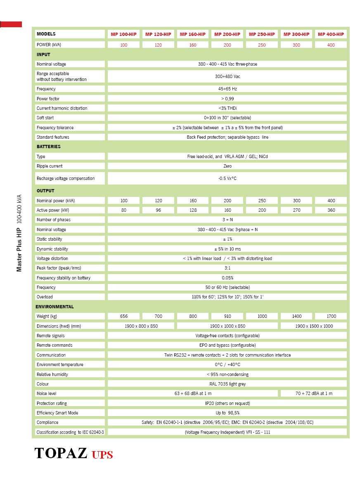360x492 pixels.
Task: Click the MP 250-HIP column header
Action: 262,34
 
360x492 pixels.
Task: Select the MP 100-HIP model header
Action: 123,34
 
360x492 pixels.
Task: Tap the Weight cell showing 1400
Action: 296,316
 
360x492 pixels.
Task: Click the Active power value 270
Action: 296,210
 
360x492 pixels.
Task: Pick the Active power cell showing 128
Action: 193,210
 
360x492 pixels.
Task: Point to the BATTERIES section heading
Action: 48,147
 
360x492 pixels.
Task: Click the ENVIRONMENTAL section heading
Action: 54,307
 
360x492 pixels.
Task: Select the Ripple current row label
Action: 50,166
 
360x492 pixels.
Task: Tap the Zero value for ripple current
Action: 227,166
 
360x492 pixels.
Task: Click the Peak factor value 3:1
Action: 227,268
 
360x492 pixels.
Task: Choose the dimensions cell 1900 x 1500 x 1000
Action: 314,326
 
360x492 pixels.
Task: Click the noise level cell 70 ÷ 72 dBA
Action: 314,393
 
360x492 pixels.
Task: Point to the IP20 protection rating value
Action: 227,403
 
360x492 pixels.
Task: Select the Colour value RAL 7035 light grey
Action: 227,384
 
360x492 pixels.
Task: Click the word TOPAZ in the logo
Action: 61,453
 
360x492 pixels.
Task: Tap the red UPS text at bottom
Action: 102,455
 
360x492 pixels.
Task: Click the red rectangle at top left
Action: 11,24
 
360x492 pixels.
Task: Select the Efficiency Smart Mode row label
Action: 57,413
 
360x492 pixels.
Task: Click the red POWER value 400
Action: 331,45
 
